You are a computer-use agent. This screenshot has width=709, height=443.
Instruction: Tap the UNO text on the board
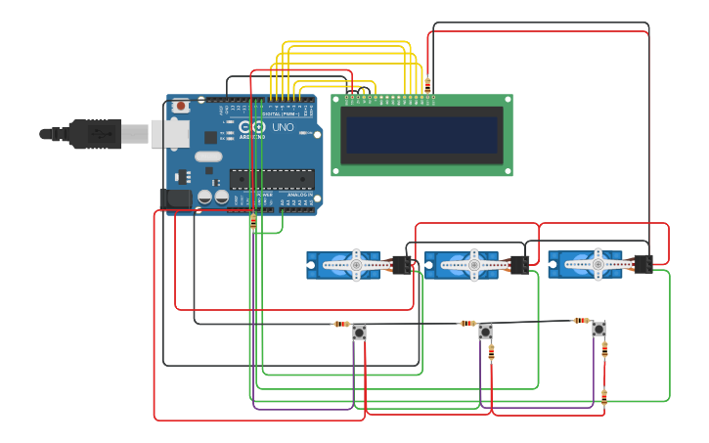coord(283,127)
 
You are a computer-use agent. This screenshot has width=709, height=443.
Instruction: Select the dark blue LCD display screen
coord(421,135)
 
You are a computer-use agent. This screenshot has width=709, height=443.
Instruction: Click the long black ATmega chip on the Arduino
coord(272,178)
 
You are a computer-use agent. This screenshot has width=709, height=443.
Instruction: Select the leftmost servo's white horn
coord(355,265)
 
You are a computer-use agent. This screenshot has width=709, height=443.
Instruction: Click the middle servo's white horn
coord(473,264)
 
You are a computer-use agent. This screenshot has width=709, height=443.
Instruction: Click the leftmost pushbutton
coord(359,332)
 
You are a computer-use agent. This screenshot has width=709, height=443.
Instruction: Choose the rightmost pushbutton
coord(598,329)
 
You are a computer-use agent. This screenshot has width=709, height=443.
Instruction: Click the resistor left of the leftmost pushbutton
coord(340,324)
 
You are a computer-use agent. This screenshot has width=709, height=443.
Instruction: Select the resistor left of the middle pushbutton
coord(467,323)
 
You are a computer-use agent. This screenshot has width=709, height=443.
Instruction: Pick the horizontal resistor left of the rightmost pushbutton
coord(581,320)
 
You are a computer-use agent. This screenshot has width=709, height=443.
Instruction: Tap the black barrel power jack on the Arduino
coord(176,199)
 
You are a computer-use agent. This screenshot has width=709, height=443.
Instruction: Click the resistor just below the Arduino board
coord(253,222)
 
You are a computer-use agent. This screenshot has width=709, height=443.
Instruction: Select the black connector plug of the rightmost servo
coord(643,264)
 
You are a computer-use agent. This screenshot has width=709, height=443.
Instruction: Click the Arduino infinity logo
coord(258,127)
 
